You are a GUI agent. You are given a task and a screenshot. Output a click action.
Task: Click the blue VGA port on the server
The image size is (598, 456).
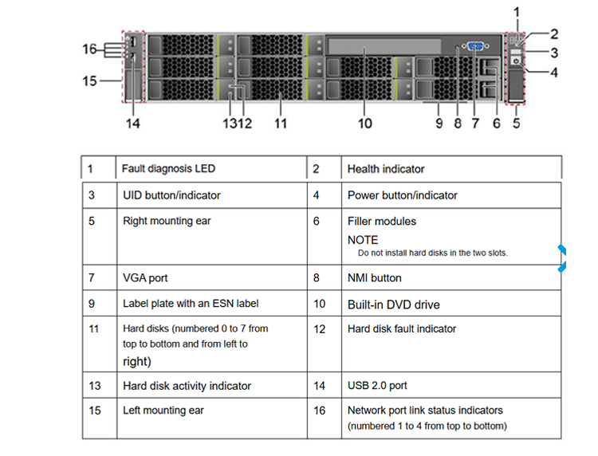tap(475, 46)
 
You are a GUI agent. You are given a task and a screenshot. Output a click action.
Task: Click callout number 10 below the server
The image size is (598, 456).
tap(364, 123)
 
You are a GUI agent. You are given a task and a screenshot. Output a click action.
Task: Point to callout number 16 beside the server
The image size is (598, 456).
tap(89, 49)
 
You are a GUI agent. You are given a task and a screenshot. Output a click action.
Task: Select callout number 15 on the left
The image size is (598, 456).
tap(89, 81)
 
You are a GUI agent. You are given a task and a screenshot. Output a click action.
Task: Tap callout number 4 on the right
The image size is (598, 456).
tap(554, 73)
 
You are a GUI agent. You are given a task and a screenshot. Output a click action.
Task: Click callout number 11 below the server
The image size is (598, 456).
tap(281, 123)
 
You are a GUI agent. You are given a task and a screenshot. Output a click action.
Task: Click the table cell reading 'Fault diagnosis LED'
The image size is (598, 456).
tap(168, 168)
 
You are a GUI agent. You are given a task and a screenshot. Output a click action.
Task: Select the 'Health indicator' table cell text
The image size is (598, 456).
tap(386, 169)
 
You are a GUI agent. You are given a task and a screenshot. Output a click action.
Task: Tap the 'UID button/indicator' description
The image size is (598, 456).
tap(171, 195)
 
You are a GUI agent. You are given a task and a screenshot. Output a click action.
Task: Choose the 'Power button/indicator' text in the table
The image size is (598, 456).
tap(403, 195)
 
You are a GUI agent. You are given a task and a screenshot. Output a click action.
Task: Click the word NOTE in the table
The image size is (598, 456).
tap(363, 240)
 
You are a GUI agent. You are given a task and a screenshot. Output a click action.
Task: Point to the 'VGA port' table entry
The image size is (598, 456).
tap(145, 277)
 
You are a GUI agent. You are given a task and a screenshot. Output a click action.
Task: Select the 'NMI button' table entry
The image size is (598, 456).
tap(375, 278)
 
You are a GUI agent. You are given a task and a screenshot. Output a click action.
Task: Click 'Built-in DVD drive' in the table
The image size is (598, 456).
tap(394, 305)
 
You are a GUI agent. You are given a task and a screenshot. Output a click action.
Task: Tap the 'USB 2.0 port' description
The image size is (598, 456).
tap(377, 386)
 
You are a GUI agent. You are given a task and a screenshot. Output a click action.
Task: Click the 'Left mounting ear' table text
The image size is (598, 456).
tap(163, 411)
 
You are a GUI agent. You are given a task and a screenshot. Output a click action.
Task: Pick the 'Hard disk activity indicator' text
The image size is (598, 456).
tap(187, 386)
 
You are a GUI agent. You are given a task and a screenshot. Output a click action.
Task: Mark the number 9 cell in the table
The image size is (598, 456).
tap(92, 304)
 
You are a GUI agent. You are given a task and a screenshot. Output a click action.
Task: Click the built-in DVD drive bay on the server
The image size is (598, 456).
tap(384, 45)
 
